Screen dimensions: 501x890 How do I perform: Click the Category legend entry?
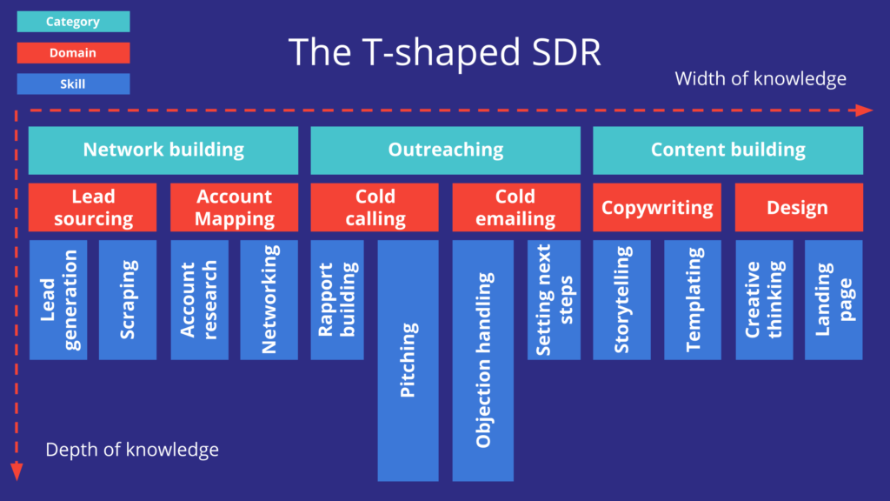point(73,22)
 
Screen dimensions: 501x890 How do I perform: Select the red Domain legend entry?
point(73,53)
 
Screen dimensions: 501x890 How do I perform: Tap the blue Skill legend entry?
point(73,83)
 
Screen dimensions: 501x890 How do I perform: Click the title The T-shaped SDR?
point(444,52)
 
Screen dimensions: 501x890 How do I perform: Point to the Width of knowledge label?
point(760,79)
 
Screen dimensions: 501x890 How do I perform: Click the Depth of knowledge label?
point(132,450)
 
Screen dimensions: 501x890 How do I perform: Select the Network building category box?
point(163,150)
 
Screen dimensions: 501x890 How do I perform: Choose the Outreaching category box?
point(445,150)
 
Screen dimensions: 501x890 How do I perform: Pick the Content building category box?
point(727,150)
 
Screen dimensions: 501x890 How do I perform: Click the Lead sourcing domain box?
point(93,207)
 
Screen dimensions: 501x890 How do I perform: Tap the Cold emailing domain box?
point(515,207)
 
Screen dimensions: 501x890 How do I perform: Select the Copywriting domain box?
point(657,207)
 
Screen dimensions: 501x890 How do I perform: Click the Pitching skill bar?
point(408,360)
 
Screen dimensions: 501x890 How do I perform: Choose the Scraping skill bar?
point(128,300)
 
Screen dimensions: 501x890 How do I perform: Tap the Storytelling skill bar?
point(621,300)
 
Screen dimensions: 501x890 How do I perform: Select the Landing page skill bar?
point(834,300)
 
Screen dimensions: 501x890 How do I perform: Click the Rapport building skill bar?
point(337,300)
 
